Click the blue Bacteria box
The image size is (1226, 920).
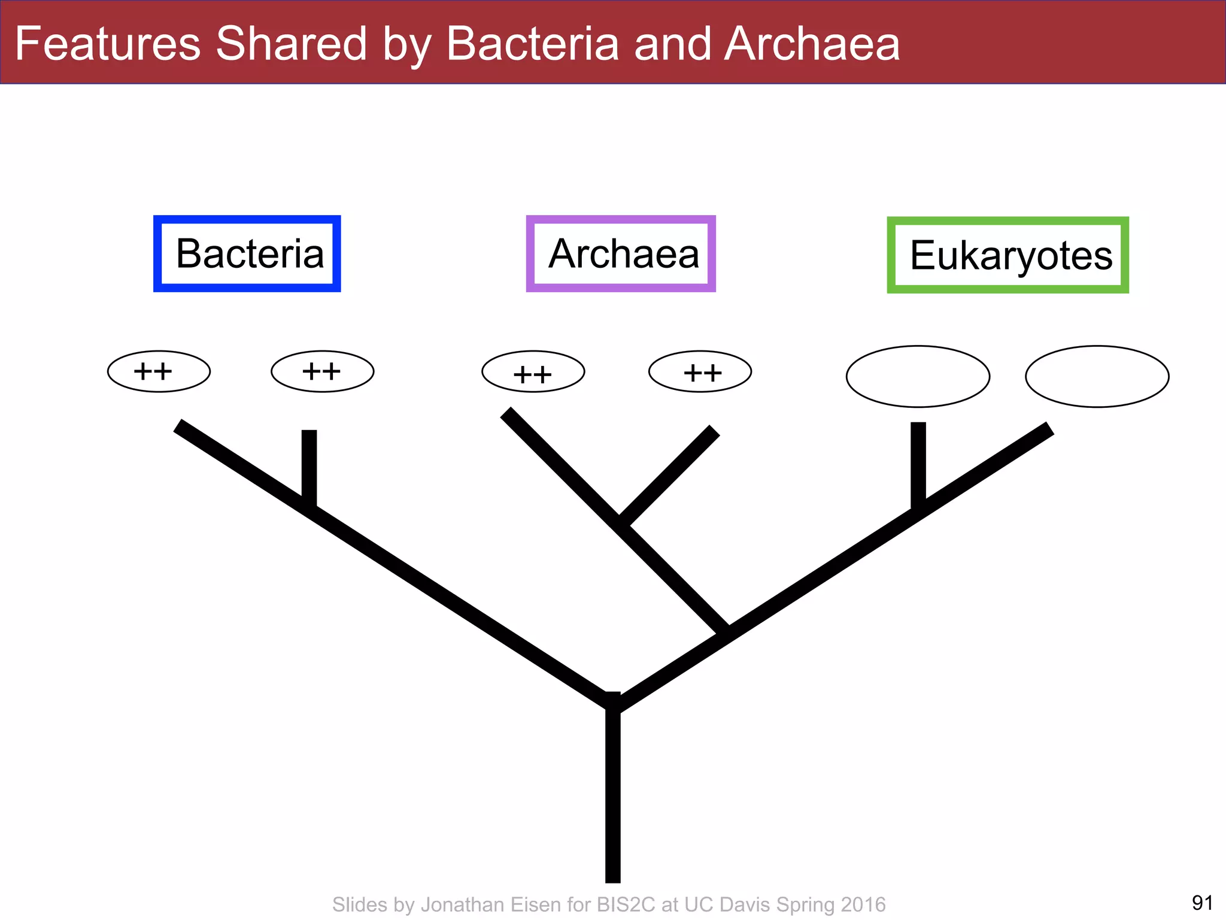point(247,254)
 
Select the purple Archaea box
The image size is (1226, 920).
point(621,254)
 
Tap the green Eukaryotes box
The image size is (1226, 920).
point(1007,255)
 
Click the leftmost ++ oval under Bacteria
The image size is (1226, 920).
point(159,371)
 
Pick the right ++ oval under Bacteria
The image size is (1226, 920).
point(322,371)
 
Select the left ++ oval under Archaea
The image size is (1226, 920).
point(533,371)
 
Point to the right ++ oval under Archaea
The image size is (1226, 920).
point(700,371)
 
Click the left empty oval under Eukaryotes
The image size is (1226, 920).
point(918,376)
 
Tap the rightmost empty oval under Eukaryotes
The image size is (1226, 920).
point(1097,376)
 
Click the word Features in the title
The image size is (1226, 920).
point(108,44)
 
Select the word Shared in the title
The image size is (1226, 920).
point(291,44)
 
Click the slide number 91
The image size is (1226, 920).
point(1202,902)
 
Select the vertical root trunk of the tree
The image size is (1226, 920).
point(612,797)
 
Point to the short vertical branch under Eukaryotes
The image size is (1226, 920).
point(918,461)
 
